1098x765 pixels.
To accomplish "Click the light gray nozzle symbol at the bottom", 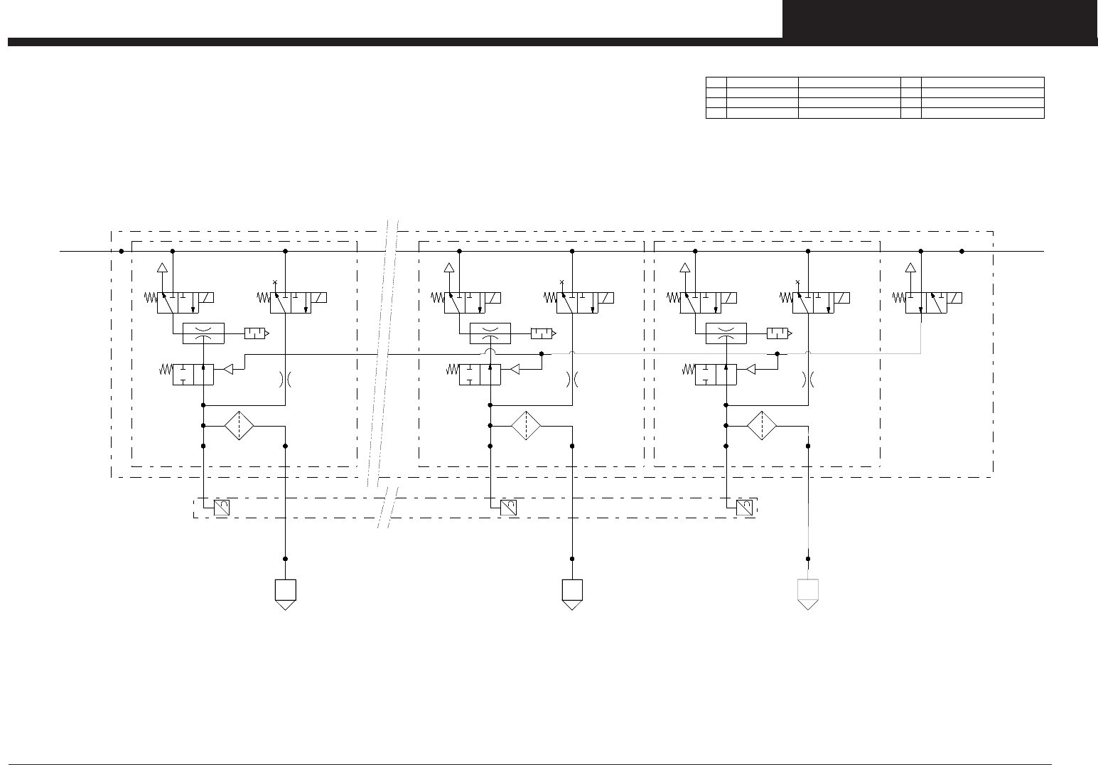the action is click(808, 594).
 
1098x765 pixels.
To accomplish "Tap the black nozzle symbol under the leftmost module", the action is click(285, 594).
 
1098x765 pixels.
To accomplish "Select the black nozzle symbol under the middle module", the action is click(572, 594).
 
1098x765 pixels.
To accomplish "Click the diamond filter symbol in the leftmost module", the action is click(239, 426).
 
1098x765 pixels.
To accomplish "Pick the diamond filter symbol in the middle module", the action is click(526, 426).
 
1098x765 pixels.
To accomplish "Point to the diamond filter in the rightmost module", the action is click(762, 426).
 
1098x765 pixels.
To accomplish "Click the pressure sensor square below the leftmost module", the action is click(221, 508).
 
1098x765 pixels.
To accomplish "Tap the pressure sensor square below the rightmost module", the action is click(744, 508).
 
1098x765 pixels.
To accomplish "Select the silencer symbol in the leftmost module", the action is click(256, 333).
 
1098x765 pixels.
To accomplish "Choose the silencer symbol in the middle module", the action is click(543, 333).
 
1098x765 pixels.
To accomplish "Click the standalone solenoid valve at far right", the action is click(933, 303).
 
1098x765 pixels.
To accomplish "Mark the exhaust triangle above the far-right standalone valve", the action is click(910, 268).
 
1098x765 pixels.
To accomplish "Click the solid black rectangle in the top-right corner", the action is click(940, 18).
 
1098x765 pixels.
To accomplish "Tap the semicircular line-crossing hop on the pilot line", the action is click(490, 353).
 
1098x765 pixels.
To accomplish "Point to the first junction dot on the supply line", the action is click(122, 251).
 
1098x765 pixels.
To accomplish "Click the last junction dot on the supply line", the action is click(962, 251).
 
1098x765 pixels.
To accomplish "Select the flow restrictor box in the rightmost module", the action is click(726, 333).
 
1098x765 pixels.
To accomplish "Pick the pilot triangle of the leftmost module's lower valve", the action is click(228, 370).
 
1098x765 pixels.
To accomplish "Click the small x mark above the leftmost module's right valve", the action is click(275, 282).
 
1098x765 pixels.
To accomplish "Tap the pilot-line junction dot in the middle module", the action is click(542, 353).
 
